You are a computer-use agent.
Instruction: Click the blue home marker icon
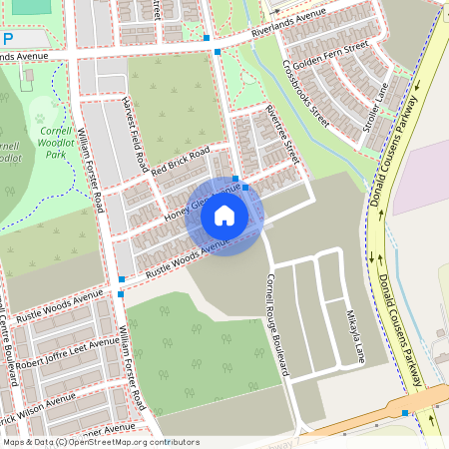click(x=224, y=216)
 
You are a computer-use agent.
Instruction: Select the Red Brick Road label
click(x=180, y=161)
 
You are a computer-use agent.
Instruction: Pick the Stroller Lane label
click(x=376, y=109)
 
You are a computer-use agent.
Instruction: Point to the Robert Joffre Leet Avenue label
click(x=66, y=355)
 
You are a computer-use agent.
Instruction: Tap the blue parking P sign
click(x=8, y=37)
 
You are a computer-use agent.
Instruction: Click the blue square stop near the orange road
click(x=405, y=412)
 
